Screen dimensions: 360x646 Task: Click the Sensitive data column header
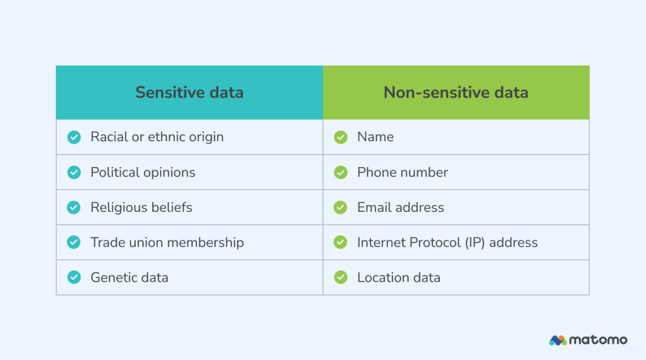(x=189, y=93)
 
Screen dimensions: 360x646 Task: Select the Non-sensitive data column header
(x=455, y=93)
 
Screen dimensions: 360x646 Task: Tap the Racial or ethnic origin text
(x=156, y=137)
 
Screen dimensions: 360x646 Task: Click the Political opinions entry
(x=143, y=172)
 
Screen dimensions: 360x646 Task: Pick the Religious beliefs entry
(x=141, y=207)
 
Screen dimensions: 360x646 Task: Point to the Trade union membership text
(x=167, y=243)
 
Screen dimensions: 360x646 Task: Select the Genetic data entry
(x=129, y=277)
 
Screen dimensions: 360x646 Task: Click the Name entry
(x=375, y=137)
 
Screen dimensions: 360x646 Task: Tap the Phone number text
(x=402, y=172)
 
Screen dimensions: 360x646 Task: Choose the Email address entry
(x=401, y=207)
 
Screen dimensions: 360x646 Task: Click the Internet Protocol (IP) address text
(x=447, y=243)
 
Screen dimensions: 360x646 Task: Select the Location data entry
(x=399, y=277)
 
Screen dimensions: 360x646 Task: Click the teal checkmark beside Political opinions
(x=74, y=172)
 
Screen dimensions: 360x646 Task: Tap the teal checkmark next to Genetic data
(x=74, y=277)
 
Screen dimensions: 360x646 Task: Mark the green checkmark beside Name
(x=341, y=137)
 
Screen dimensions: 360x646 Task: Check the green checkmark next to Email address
(x=341, y=207)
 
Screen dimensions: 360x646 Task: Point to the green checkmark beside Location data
(x=341, y=277)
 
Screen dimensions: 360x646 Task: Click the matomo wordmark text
(x=598, y=340)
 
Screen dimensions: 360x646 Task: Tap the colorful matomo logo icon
(x=558, y=340)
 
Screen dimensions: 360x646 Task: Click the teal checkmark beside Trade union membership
(x=74, y=243)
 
